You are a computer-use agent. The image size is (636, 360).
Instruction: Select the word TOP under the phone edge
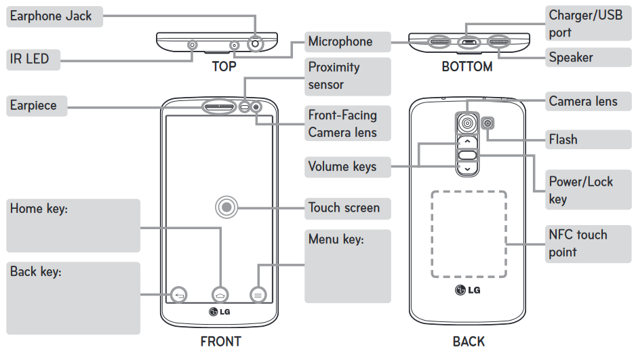pyautogui.click(x=224, y=66)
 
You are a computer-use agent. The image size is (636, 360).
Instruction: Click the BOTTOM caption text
pyautogui.click(x=466, y=66)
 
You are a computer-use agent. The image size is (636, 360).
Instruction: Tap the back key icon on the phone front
pyautogui.click(x=179, y=295)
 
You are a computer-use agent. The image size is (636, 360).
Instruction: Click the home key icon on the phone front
pyautogui.click(x=220, y=295)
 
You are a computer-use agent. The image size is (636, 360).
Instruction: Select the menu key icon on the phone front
pyautogui.click(x=258, y=295)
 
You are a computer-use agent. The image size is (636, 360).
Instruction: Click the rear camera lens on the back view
pyautogui.click(x=466, y=122)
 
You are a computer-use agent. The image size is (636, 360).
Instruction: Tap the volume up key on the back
pyautogui.click(x=466, y=142)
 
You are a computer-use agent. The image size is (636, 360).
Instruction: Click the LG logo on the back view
pyautogui.click(x=468, y=291)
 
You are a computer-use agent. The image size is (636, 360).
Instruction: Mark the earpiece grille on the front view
pyautogui.click(x=220, y=107)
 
